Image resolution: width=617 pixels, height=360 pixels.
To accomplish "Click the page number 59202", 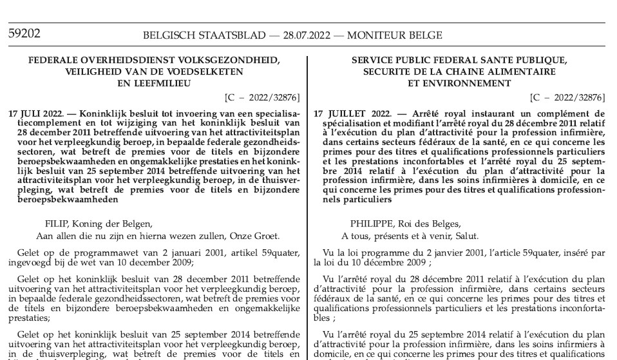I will (23, 33).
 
